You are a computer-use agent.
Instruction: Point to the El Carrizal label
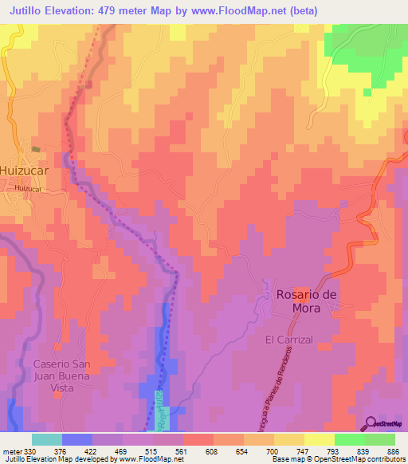coord(292,339)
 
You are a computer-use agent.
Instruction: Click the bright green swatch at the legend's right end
coord(380,439)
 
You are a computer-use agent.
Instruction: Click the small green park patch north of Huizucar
coord(34,147)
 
